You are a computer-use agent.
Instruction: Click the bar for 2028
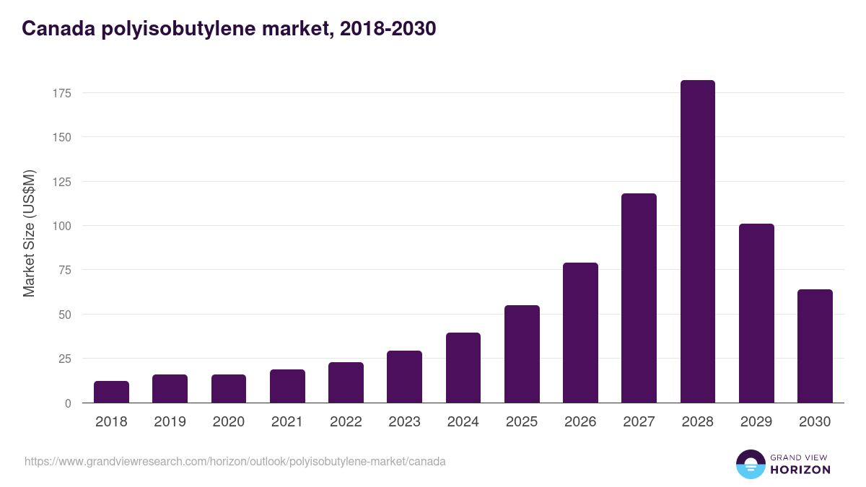[x=697, y=242]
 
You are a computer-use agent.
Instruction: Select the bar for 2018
[x=111, y=392]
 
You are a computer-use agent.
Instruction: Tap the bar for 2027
[x=639, y=298]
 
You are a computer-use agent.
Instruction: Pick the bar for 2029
[x=756, y=313]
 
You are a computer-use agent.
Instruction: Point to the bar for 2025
[x=522, y=354]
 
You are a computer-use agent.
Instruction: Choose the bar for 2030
[x=815, y=346]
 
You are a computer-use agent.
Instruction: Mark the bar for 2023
[x=404, y=377]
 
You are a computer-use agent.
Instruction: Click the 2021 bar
[x=287, y=386]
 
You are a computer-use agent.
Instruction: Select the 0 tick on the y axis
[x=68, y=403]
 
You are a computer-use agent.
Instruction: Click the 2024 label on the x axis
[x=463, y=422]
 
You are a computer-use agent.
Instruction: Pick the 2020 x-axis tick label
[x=228, y=422]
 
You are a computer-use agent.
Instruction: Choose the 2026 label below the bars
[x=580, y=422]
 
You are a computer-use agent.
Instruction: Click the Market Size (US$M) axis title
[x=29, y=233]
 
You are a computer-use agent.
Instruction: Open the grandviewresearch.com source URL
[x=235, y=461]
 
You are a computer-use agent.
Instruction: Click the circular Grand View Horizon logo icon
[x=750, y=464]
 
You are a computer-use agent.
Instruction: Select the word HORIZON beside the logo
[x=800, y=470]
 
